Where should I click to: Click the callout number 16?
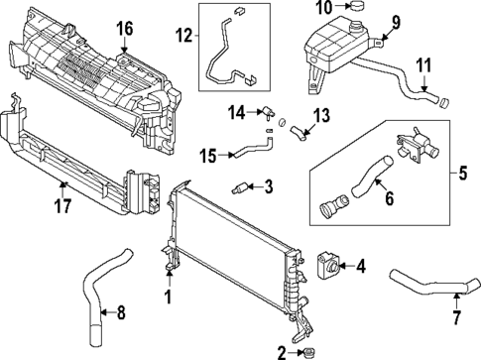point(123,28)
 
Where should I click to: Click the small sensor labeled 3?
point(241,186)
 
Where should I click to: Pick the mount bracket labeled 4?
point(326,263)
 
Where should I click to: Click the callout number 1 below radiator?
point(168,296)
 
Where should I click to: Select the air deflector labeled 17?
point(69,159)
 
